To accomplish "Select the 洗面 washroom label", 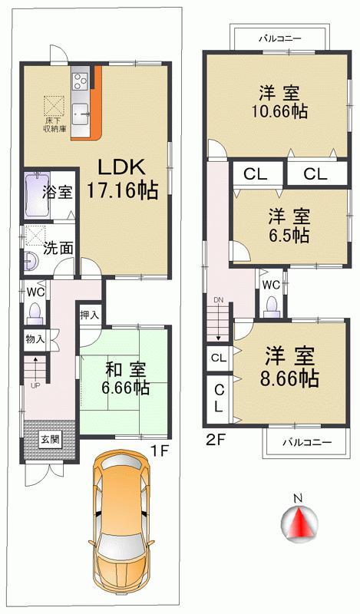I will point(58,248).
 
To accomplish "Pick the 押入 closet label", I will point(90,315).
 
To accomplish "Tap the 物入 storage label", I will point(35,338).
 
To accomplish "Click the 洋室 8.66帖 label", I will point(292,366).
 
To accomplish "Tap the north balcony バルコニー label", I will point(279,37).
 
